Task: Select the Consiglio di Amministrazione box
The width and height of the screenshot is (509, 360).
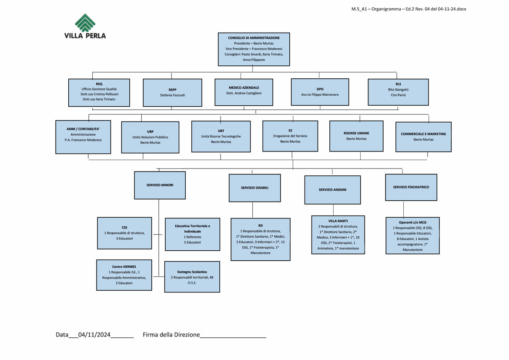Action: click(x=254, y=49)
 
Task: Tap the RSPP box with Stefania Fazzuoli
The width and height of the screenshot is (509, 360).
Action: click(x=172, y=92)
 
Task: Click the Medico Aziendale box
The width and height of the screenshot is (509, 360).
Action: click(x=244, y=92)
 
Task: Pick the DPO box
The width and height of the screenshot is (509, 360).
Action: click(x=320, y=92)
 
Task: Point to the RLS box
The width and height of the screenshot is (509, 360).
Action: click(x=398, y=92)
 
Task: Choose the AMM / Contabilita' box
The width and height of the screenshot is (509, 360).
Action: click(x=83, y=137)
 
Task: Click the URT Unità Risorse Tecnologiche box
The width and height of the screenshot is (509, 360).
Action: click(x=221, y=136)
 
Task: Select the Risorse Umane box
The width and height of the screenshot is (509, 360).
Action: click(x=356, y=136)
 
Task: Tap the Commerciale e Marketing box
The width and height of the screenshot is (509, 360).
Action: click(x=423, y=137)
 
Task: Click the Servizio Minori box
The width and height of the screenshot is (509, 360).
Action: click(x=160, y=185)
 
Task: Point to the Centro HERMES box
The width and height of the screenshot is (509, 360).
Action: click(x=124, y=275)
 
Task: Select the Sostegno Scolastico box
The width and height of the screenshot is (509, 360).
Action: click(x=192, y=276)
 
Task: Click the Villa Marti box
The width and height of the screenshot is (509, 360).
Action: click(x=338, y=235)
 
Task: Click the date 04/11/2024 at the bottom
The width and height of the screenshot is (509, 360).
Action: click(x=94, y=335)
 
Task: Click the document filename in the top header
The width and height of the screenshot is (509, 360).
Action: click(x=409, y=9)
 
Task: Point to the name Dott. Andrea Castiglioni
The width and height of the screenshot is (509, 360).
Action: click(x=244, y=94)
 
